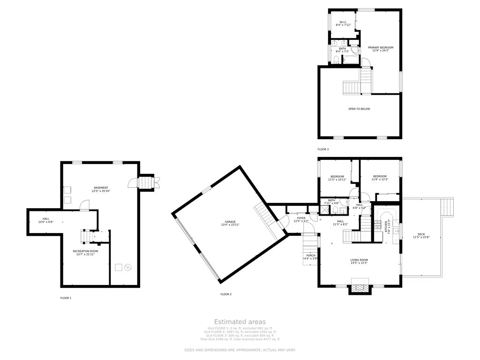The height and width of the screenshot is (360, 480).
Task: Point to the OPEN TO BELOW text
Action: coord(359,109)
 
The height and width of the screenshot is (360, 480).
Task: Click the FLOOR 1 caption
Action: coord(66,298)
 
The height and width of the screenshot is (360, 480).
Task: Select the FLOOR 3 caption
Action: coord(323,149)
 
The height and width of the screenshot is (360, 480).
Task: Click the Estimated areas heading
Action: coord(240,322)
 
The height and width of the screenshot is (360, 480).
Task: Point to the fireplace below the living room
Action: coord(360,287)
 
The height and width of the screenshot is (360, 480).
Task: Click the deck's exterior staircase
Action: coord(448,207)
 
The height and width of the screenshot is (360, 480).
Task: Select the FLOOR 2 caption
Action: coord(226,294)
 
